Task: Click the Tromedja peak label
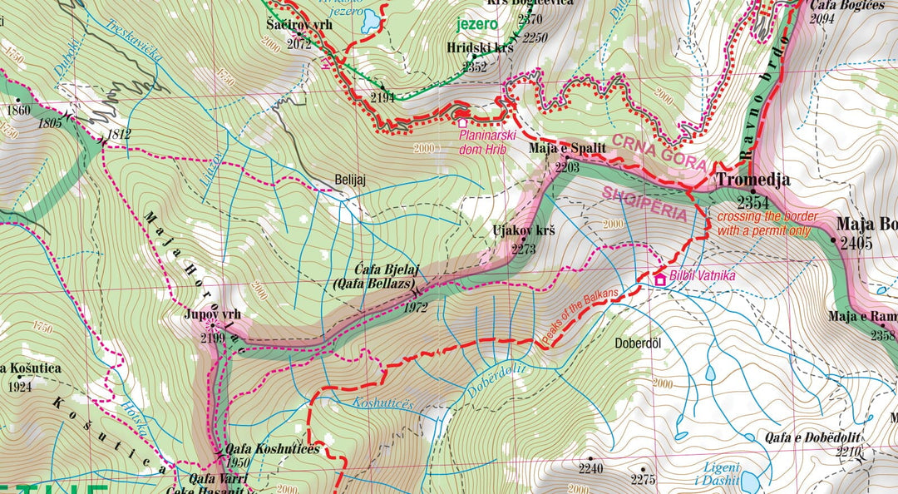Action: [753, 180]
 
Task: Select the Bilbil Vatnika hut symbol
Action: [660, 280]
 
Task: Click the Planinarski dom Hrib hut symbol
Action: [462, 123]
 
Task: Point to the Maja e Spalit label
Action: [566, 151]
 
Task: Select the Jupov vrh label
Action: [213, 315]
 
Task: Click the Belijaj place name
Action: [350, 179]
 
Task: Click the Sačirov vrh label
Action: [299, 25]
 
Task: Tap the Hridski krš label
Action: [480, 47]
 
